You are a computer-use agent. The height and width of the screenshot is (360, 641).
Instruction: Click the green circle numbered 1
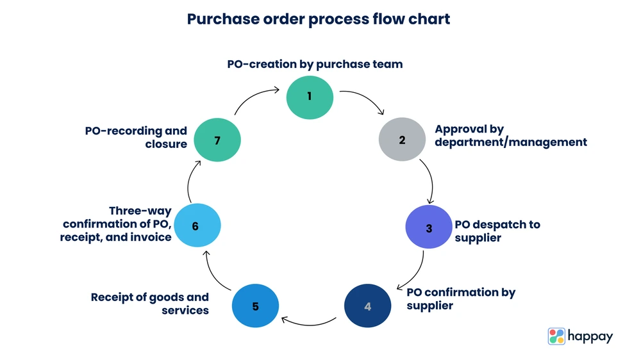[310, 97]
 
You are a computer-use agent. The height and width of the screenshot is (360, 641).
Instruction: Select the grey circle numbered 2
[402, 140]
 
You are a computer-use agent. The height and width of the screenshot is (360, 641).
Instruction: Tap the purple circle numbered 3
[429, 227]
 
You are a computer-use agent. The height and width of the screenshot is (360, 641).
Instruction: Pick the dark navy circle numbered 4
[367, 306]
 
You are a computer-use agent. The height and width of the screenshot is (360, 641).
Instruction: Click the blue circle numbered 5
[255, 306]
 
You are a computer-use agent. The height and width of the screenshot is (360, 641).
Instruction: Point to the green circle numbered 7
[217, 140]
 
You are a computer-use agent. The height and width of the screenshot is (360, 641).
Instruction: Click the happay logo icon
[556, 336]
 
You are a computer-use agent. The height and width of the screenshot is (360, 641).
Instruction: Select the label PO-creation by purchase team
[315, 64]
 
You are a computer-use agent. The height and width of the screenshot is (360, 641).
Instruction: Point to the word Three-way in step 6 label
[140, 211]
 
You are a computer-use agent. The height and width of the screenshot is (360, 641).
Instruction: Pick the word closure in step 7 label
[166, 144]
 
